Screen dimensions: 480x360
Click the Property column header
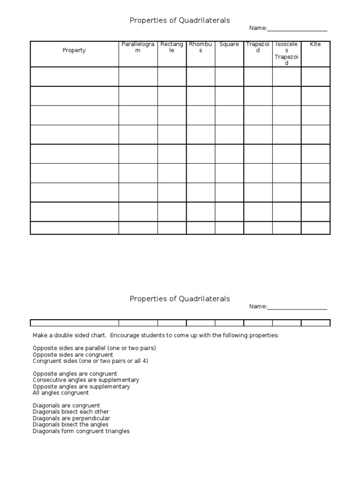point(74,51)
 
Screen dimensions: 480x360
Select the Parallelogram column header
point(138,47)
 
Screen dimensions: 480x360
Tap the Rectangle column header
point(172,47)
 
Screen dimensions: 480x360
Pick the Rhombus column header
point(201,47)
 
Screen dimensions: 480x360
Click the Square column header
point(229,45)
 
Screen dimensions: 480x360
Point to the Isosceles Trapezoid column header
point(286,53)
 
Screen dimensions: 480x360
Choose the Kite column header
point(315,45)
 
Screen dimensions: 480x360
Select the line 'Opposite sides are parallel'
point(94,348)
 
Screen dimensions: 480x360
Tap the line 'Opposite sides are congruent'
point(73,355)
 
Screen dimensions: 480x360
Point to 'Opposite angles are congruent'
point(75,374)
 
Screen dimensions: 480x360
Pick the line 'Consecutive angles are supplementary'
point(86,380)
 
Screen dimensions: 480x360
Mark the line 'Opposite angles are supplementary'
point(82,387)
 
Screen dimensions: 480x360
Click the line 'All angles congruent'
point(60,393)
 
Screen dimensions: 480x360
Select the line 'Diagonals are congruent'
point(66,405)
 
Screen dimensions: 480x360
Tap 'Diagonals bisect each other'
point(71,412)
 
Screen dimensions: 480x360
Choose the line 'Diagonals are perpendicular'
point(71,418)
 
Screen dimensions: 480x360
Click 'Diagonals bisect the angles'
point(70,425)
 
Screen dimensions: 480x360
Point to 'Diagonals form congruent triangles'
point(81,431)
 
